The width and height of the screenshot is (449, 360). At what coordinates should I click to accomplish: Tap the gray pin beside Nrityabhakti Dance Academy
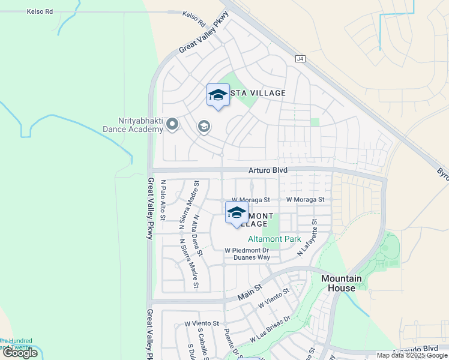tap(172, 125)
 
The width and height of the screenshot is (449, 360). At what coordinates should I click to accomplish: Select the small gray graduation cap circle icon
tap(204, 127)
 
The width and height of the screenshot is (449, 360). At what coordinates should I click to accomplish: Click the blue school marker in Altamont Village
tap(237, 214)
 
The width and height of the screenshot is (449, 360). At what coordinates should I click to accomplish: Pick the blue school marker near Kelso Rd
tap(218, 95)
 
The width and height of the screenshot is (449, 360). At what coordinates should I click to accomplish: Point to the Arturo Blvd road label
tap(268, 170)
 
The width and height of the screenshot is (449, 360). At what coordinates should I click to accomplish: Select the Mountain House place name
tap(342, 283)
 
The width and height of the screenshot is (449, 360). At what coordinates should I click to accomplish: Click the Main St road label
tap(250, 292)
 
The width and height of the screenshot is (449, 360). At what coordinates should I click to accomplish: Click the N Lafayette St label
tap(307, 238)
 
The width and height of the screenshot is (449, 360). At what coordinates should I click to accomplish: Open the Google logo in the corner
tap(20, 352)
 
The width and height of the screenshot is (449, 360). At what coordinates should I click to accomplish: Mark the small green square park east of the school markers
tap(315, 122)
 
